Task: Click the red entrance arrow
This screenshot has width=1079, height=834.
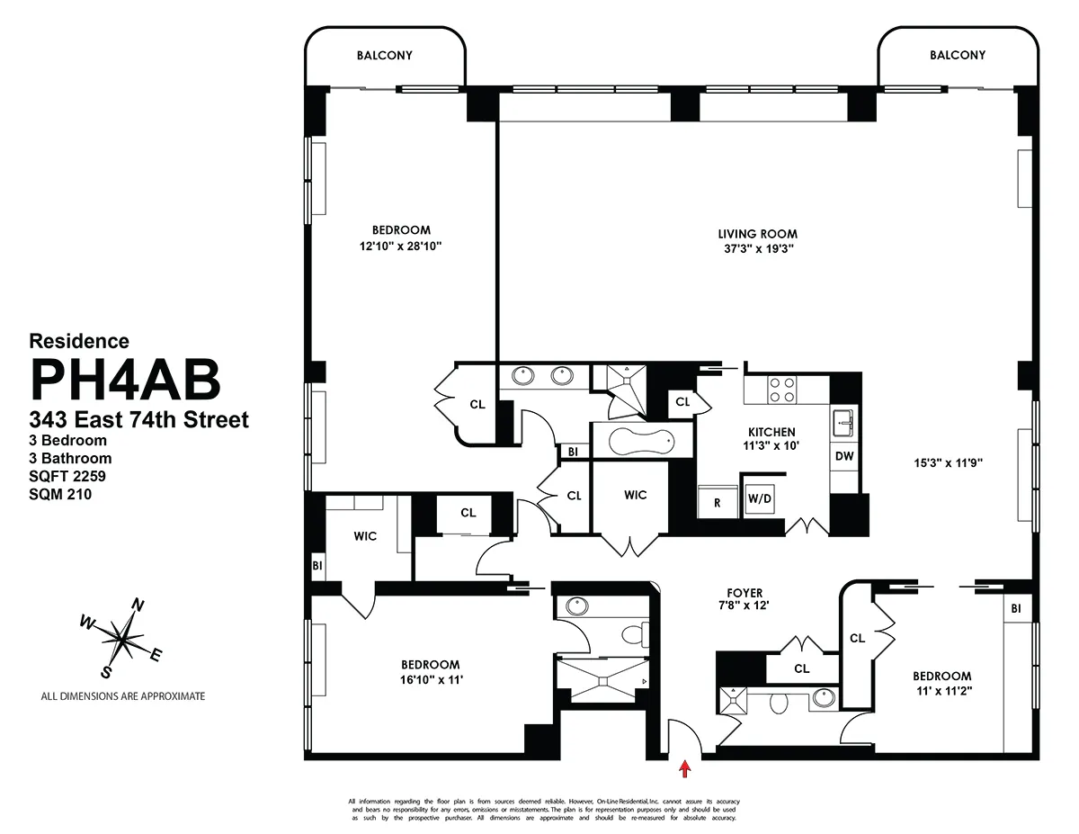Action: point(685,768)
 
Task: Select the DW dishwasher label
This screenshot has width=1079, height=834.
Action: point(843,456)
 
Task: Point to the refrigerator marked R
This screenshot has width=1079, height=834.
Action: point(718,503)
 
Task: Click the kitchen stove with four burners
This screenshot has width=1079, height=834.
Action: point(783,389)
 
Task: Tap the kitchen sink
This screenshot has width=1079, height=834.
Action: point(843,418)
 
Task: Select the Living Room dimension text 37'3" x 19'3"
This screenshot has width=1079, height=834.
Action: point(757,249)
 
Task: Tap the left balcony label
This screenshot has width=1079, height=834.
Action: point(385,55)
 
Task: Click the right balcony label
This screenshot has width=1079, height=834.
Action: point(958,55)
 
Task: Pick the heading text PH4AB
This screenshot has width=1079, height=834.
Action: point(125,380)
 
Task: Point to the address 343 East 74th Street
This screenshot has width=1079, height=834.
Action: point(138,419)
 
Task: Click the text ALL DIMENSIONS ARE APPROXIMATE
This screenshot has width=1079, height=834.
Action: point(123,696)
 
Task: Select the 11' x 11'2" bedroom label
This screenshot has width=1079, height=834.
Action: point(941,692)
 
